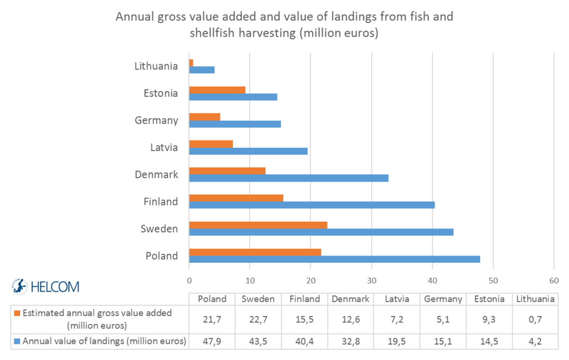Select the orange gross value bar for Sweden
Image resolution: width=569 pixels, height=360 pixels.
tap(258, 225)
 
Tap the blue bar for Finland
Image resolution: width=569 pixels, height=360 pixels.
tap(312, 205)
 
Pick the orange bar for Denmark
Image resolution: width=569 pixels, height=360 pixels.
tap(227, 171)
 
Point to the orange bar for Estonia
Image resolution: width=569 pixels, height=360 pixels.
tap(217, 90)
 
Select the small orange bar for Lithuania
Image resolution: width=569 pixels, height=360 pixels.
tap(191, 63)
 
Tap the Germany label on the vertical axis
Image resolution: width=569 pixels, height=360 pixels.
tap(156, 120)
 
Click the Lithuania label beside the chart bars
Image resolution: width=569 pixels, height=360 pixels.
tap(156, 66)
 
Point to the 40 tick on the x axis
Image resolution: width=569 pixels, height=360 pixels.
tap(432, 281)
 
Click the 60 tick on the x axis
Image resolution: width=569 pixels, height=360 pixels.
tap(554, 281)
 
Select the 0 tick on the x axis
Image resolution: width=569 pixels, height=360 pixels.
tap(189, 281)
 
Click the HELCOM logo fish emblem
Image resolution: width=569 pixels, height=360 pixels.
tap(20, 286)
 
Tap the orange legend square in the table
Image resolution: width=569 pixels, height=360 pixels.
tap(17, 313)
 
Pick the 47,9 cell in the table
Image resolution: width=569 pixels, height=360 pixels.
tap(212, 341)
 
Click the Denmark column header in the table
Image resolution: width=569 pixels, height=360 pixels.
tap(351, 299)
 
